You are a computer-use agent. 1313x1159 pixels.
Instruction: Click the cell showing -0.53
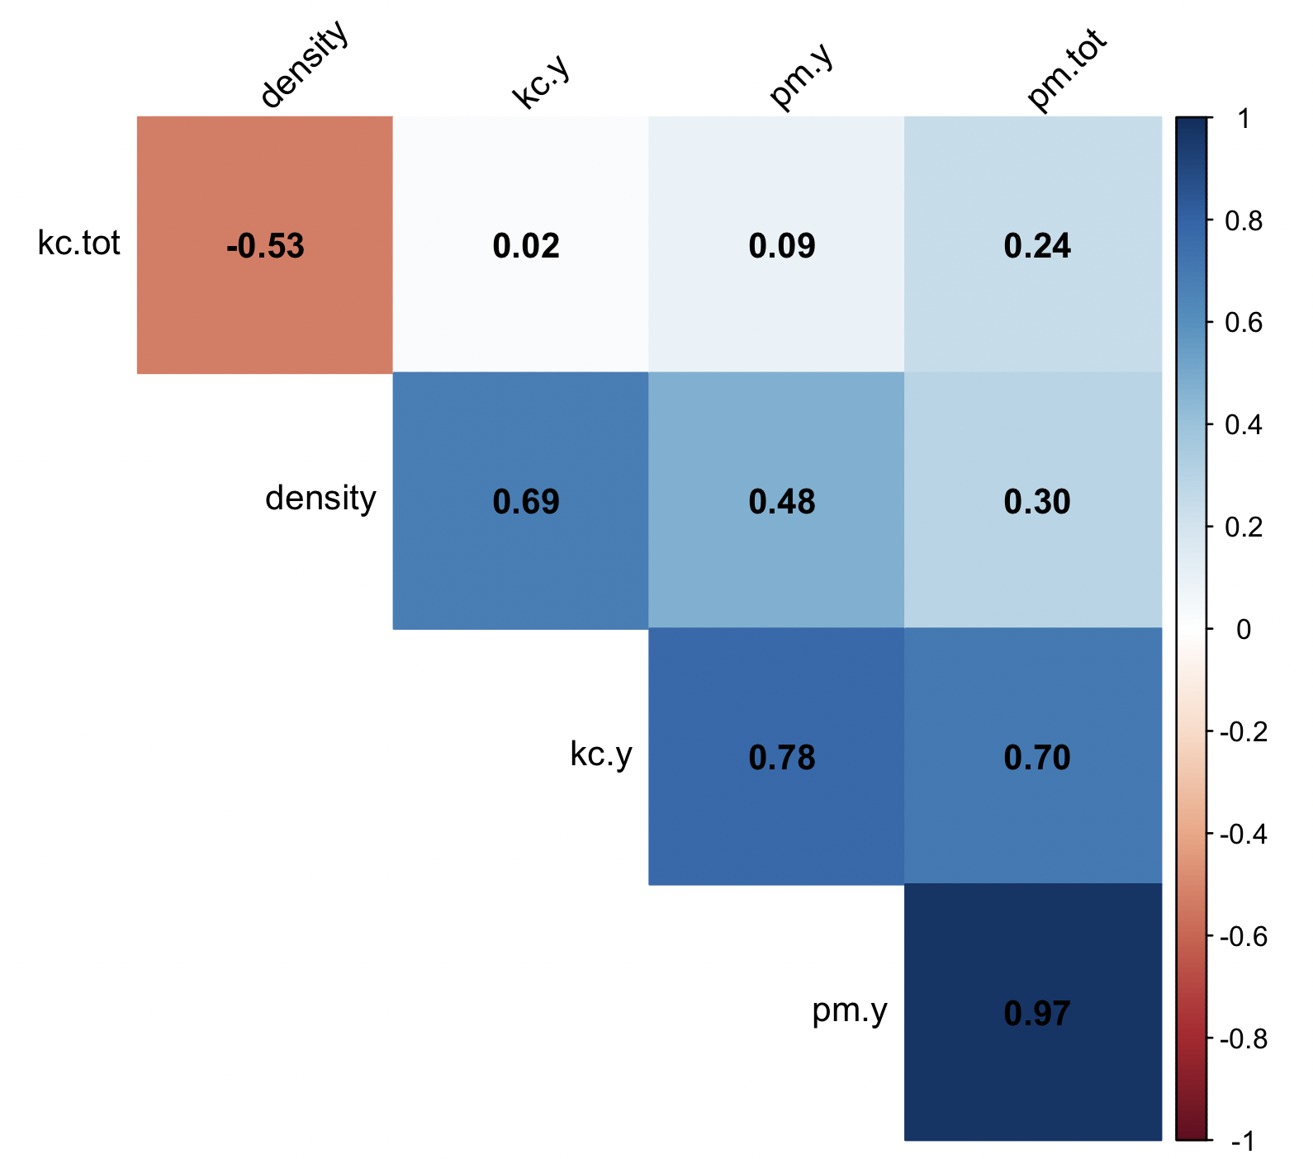tap(265, 246)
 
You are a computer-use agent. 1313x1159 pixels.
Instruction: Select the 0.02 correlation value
tap(526, 246)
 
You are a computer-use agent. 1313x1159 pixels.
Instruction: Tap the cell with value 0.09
tap(782, 246)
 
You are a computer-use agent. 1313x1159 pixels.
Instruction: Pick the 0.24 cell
tap(1037, 246)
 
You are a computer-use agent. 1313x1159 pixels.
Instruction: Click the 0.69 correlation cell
tap(526, 502)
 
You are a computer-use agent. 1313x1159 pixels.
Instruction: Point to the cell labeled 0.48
tap(782, 502)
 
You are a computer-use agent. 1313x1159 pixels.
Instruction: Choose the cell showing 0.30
tap(1037, 502)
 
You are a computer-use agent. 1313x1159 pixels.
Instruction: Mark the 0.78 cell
tap(782, 758)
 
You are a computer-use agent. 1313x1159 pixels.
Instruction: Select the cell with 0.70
tap(1037, 758)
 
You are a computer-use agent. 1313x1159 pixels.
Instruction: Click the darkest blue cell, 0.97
tap(1037, 1014)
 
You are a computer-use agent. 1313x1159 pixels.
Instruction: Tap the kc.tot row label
tap(79, 244)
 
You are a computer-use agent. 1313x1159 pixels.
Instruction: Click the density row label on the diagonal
tap(320, 499)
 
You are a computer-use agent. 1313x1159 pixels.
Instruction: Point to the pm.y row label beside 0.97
tap(850, 1010)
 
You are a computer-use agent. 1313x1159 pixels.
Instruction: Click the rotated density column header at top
tap(305, 66)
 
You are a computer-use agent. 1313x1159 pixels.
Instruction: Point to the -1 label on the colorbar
tap(1243, 1141)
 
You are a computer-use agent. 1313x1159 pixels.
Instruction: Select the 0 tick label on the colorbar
tap(1244, 629)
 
